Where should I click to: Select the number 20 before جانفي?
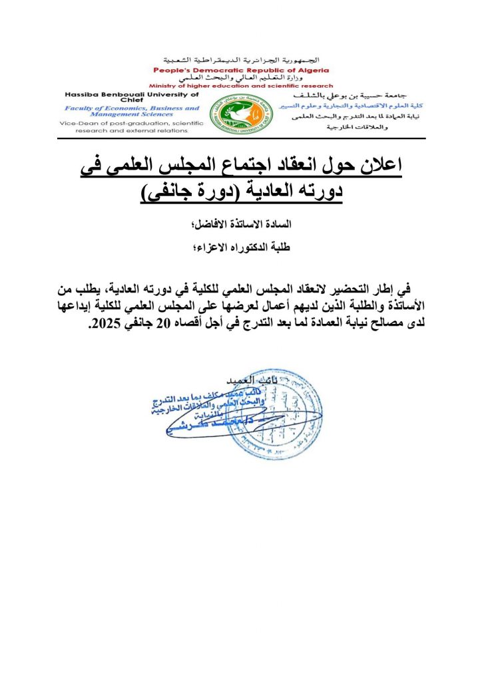(160, 326)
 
